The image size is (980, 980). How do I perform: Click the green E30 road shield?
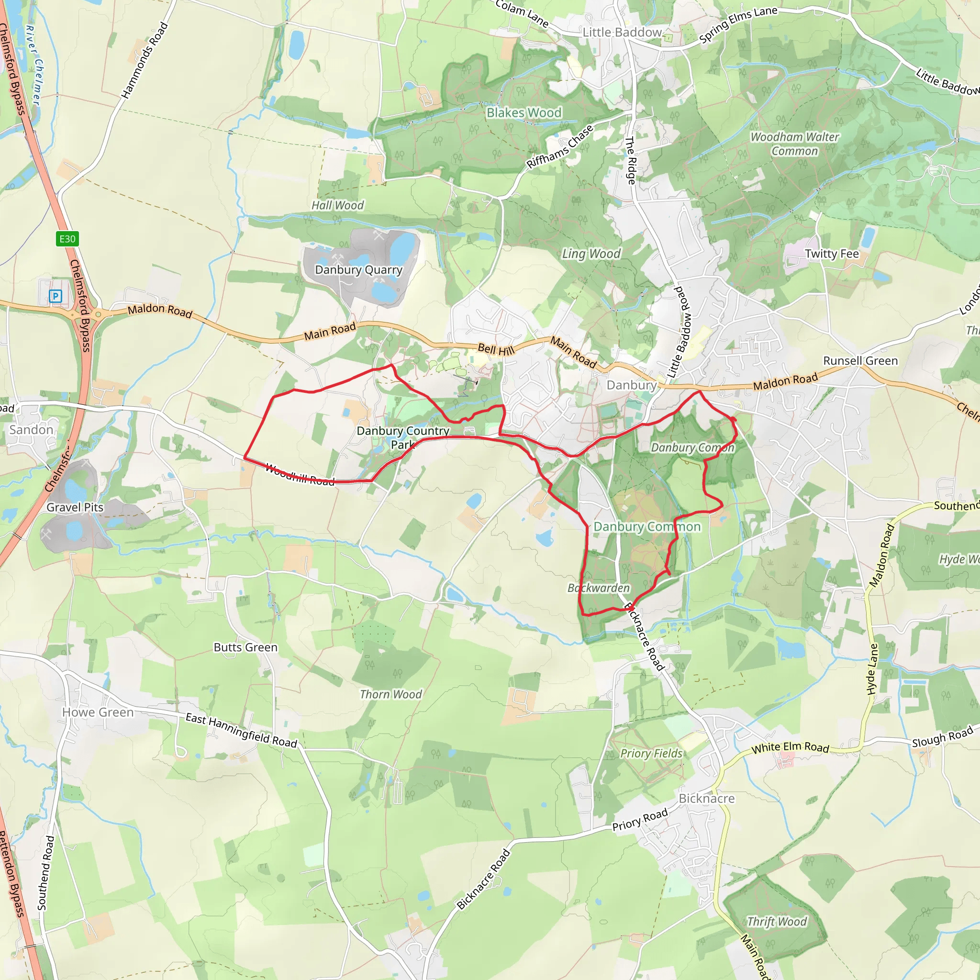click(67, 239)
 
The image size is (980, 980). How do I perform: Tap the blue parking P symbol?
click(56, 296)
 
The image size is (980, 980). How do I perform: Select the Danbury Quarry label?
click(358, 270)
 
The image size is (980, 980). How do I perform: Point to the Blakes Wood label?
click(524, 112)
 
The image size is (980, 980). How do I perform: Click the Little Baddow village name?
click(622, 33)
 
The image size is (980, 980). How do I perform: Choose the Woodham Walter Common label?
click(794, 144)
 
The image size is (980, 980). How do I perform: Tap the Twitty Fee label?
click(832, 254)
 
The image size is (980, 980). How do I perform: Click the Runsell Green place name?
click(860, 361)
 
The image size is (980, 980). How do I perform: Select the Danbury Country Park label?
click(403, 437)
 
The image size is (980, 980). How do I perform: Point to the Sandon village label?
click(32, 430)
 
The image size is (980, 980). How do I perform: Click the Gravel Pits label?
click(75, 507)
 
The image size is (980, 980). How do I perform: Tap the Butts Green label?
click(245, 647)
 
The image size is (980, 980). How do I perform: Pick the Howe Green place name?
click(98, 712)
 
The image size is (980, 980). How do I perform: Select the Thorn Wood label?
click(390, 694)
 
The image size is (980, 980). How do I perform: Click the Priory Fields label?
click(651, 753)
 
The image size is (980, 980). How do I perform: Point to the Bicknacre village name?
click(707, 799)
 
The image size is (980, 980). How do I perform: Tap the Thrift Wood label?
click(777, 922)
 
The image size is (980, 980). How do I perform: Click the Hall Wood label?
click(338, 205)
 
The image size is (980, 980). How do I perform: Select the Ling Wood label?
click(591, 254)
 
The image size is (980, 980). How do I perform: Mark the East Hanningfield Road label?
click(241, 730)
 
